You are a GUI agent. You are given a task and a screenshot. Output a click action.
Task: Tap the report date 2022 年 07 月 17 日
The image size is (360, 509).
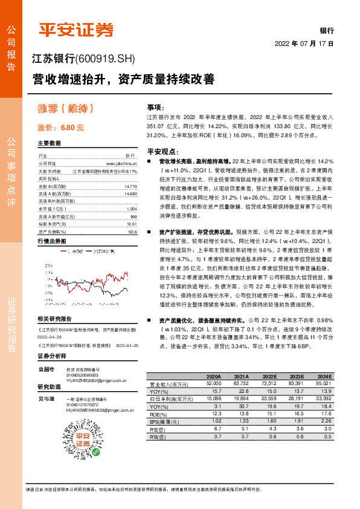304,44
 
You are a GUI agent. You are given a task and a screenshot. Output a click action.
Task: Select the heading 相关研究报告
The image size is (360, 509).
54,318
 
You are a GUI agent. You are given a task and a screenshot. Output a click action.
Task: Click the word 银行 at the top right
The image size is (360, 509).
326,30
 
